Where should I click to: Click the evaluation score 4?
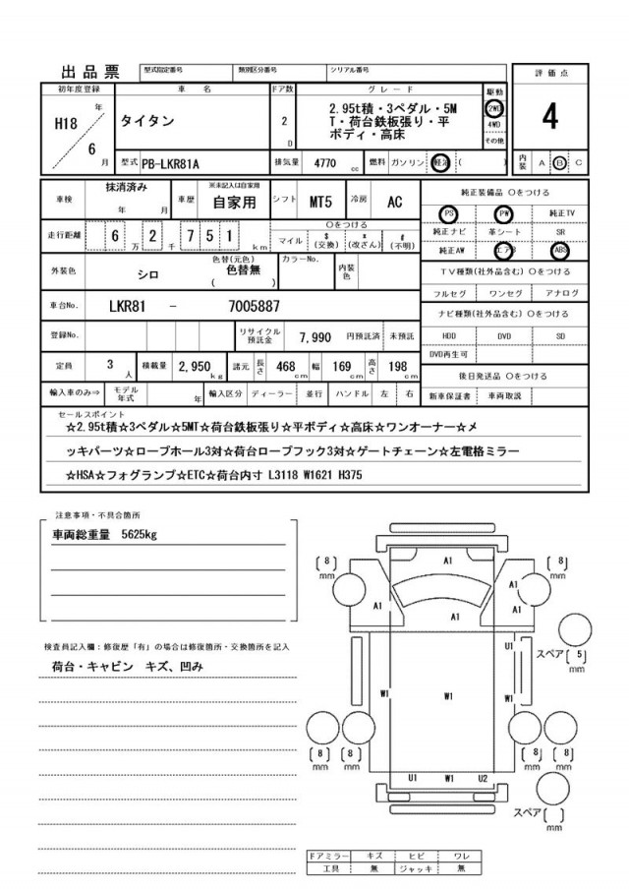[x=549, y=117]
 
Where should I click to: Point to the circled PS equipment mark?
[x=449, y=212]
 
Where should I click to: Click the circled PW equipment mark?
[x=504, y=212]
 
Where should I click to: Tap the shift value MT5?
[x=321, y=202]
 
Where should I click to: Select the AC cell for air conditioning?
[x=393, y=202]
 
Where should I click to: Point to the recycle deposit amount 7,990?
[x=315, y=336]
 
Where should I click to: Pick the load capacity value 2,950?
[x=197, y=368]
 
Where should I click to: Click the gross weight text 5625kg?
[x=136, y=536]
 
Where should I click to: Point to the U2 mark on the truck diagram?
[x=483, y=778]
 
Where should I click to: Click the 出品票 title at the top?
[x=89, y=72]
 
